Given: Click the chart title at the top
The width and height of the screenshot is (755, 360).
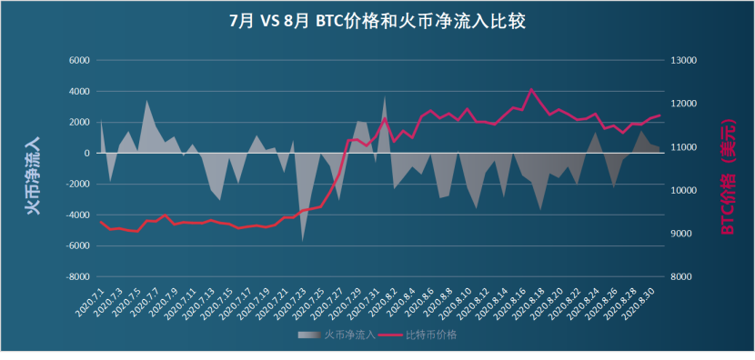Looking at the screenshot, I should tap(377, 21).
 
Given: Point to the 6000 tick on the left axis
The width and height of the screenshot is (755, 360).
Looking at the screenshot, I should tap(79, 61).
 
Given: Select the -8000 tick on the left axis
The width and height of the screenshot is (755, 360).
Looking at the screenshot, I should tap(77, 277).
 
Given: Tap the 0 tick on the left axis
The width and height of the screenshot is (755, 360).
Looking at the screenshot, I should tap(86, 154).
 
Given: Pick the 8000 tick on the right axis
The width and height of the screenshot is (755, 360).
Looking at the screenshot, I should tap(682, 277).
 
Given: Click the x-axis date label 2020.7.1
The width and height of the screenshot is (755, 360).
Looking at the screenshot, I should tap(91, 298).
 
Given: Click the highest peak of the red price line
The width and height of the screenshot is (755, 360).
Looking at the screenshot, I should tap(532, 89).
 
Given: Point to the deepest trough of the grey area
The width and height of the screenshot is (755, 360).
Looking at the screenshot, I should tap(303, 241).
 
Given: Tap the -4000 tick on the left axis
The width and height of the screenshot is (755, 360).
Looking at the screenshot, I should tap(77, 215).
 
